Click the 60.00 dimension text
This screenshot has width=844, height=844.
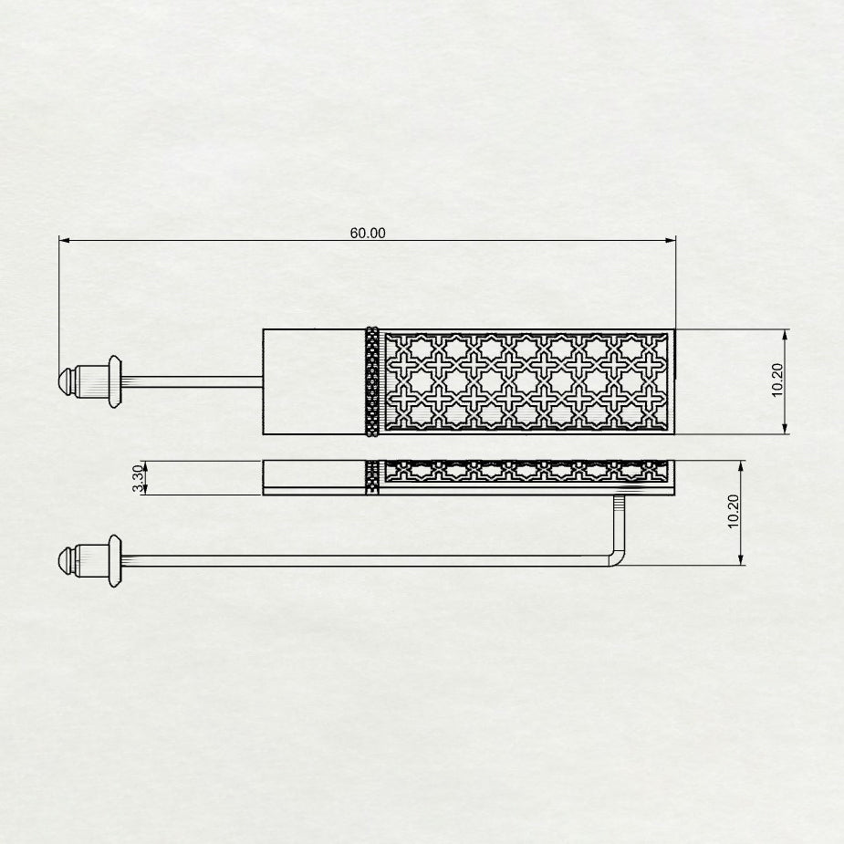pos(368,233)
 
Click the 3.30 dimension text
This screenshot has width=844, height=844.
pos(139,478)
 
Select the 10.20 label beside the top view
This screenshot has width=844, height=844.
pos(777,380)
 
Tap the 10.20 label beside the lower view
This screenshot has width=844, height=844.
pos(733,512)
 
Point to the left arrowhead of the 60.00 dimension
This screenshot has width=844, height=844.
pos(64,240)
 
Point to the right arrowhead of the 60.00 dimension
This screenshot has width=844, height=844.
pos(670,240)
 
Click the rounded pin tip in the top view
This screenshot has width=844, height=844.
pos(65,381)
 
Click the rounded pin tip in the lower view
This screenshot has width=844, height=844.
pos(65,560)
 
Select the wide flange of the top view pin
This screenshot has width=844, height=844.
pos(115,381)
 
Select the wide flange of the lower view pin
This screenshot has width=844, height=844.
pos(115,561)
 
